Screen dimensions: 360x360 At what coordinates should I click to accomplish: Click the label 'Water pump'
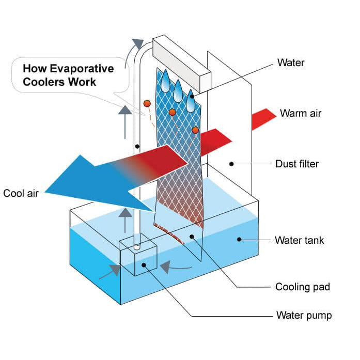304,315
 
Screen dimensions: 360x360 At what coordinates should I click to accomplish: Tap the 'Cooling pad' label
302,286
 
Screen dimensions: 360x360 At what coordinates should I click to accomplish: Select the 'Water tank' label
299,240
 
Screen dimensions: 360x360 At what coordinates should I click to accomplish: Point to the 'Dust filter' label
297,164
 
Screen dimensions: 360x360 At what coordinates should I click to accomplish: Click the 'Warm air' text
300,113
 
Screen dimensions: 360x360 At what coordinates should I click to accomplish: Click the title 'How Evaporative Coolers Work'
67,75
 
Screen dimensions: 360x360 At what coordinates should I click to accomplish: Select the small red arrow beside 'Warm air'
264,118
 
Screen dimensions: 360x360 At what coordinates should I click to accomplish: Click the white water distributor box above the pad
181,62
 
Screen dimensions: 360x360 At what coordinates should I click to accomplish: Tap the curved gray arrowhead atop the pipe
138,44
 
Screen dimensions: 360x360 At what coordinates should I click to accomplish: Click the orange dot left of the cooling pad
147,103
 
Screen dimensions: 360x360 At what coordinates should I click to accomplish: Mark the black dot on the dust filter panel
232,164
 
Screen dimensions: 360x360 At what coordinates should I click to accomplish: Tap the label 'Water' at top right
291,63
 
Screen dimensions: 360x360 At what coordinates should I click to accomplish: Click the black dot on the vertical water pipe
137,146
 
